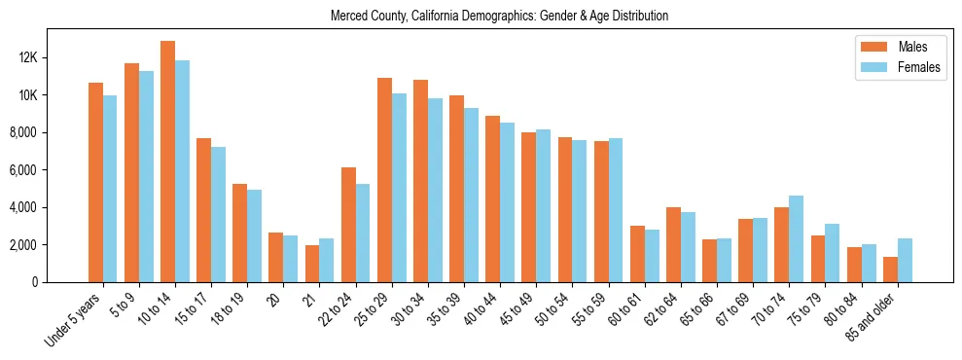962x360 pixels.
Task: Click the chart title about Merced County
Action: (x=499, y=17)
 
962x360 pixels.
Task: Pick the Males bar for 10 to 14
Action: (x=167, y=162)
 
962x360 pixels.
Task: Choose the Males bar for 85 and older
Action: (x=890, y=270)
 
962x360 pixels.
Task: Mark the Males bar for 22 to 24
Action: (x=348, y=225)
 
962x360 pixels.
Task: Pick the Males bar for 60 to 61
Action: (x=637, y=254)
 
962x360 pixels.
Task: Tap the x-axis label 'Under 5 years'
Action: (x=73, y=321)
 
